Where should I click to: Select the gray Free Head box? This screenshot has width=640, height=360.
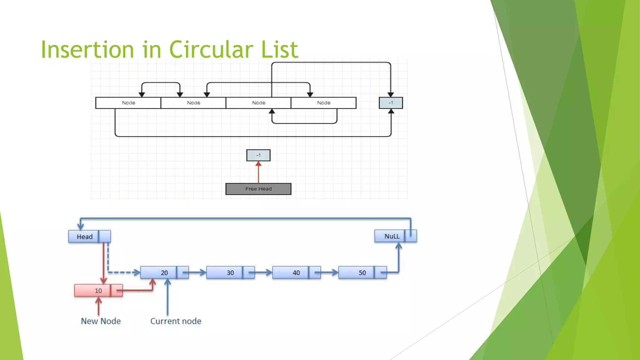tap(258, 189)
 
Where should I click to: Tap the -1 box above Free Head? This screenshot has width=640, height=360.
tap(258, 155)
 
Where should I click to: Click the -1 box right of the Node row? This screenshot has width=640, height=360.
tap(391, 103)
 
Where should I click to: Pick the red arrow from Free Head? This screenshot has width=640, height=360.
tap(258, 173)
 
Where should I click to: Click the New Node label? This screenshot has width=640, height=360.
tap(101, 321)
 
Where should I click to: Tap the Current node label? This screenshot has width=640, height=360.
tap(176, 321)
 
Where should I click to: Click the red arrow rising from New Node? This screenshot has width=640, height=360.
tap(98, 306)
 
